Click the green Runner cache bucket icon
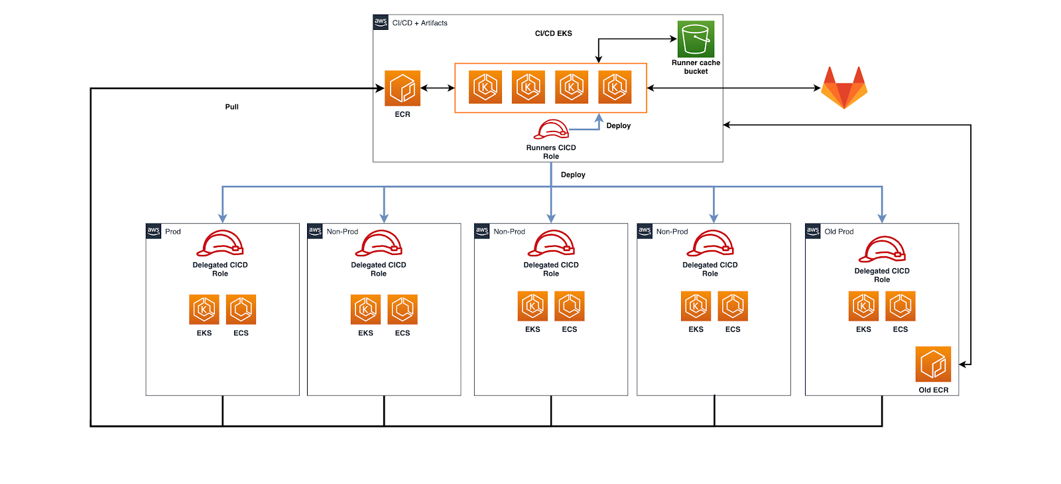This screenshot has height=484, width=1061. coord(696,39)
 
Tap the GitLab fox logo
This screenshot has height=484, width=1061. coord(844,88)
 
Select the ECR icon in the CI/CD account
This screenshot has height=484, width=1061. coord(403,88)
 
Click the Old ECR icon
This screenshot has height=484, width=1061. coord(933,364)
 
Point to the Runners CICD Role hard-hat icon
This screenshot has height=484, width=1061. coord(552,129)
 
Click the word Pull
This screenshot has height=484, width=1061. coord(231,107)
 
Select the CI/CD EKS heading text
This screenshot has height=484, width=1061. coord(553,33)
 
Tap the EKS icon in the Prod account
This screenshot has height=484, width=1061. coord(204,309)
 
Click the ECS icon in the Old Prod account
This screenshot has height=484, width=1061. coord(900,306)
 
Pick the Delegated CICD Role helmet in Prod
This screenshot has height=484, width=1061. coord(220,244)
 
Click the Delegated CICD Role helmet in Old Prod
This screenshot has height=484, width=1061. coord(882,250)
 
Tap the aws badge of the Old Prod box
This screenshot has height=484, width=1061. coord(813,231)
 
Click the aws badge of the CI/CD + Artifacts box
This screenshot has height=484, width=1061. coord(381,22)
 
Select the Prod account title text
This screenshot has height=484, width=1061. coord(173,232)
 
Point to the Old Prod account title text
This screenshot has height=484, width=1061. coord(839,232)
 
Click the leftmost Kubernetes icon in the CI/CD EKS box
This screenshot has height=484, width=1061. coord(485,87)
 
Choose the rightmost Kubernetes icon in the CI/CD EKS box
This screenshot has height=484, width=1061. coord(615,87)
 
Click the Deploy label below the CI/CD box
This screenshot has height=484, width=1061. coord(573,175)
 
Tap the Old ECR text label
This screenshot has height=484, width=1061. coord(933,390)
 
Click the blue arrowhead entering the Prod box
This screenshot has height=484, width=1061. coord(223,218)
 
